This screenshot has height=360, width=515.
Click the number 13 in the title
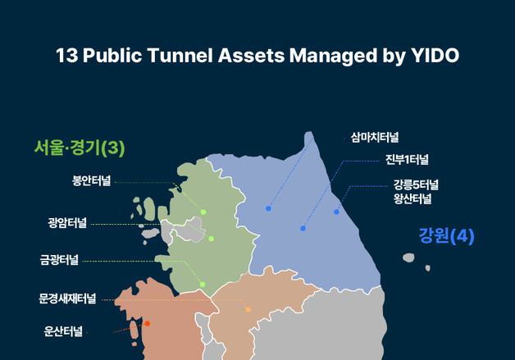[66, 56]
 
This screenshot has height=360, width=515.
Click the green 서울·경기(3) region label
[79, 148]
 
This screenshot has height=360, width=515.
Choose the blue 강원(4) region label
[446, 236]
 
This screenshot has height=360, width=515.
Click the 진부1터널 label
[407, 159]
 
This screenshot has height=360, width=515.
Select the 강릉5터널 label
[416, 183]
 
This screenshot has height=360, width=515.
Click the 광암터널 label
[67, 222]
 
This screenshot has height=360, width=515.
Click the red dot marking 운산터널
[147, 324]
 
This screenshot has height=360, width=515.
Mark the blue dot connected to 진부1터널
[303, 228]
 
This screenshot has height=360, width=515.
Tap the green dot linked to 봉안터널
[203, 212]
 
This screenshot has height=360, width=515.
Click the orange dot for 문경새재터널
[248, 309]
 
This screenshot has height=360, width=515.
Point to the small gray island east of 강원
[408, 258]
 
